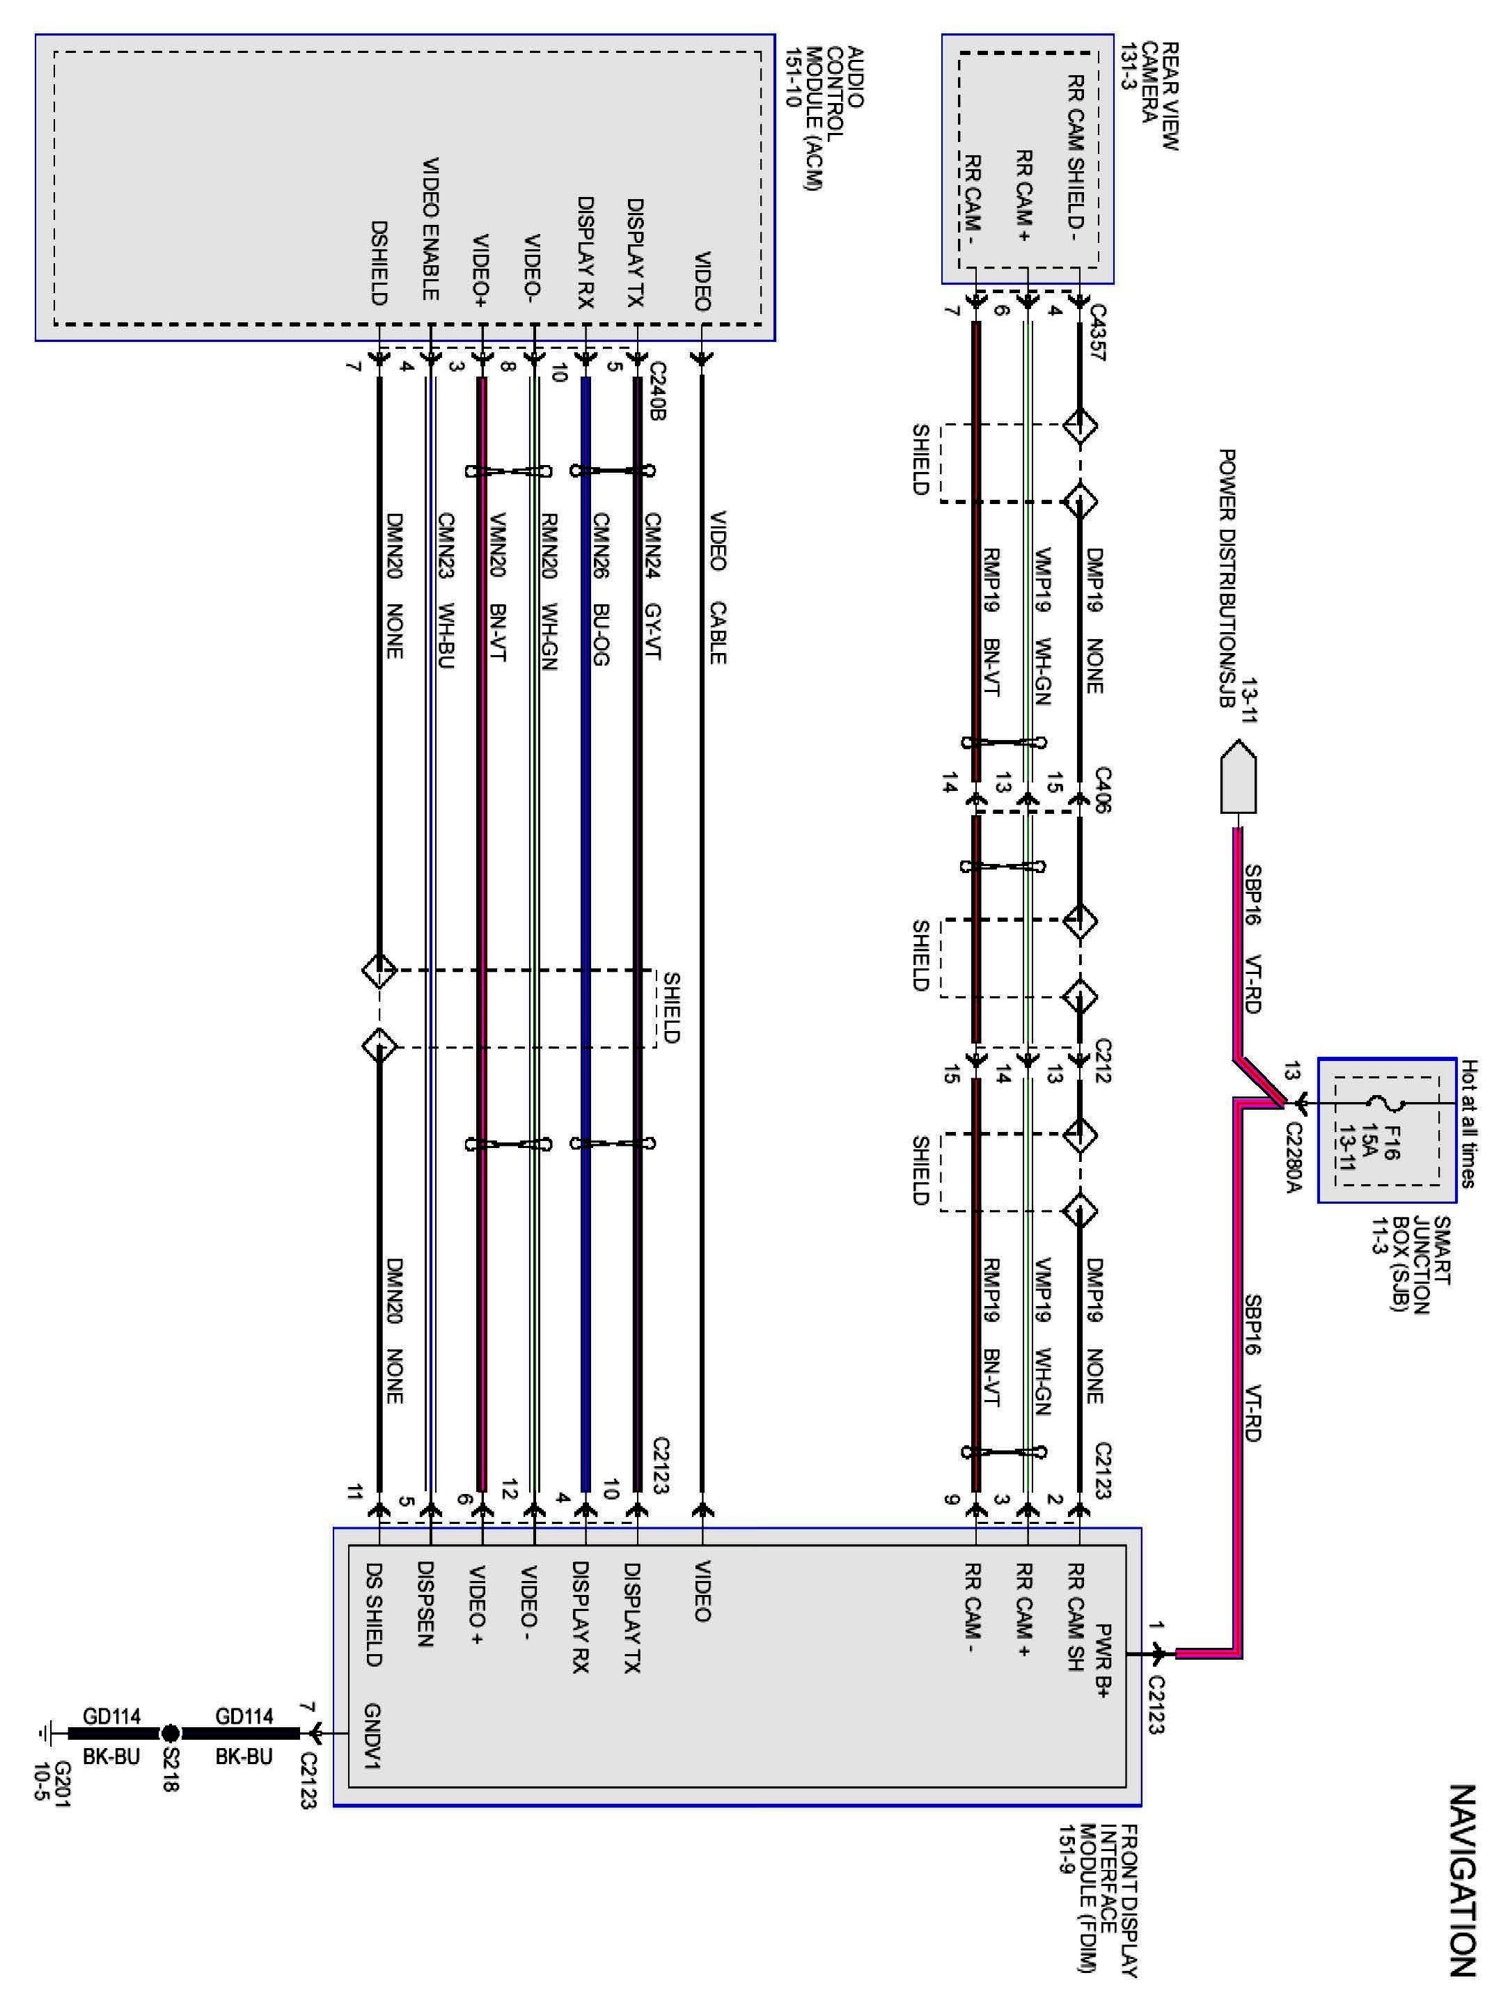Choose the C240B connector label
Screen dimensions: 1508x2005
click(657, 389)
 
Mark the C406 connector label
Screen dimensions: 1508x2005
click(1102, 789)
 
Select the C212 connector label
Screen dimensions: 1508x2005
click(1102, 1060)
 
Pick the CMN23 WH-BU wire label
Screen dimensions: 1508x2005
click(445, 590)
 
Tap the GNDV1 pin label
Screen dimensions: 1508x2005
click(372, 1736)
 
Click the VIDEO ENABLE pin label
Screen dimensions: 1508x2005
click(430, 229)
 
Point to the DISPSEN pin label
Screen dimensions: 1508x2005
click(424, 1605)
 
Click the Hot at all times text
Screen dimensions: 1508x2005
click(1469, 1124)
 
